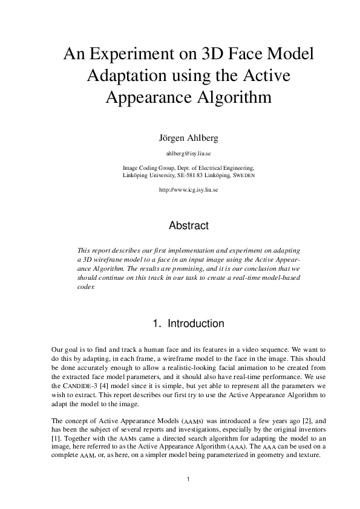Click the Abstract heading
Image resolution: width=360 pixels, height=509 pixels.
coord(188,226)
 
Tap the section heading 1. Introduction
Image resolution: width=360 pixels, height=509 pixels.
coord(188,324)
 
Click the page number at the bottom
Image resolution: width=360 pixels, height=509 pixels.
coord(188,480)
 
